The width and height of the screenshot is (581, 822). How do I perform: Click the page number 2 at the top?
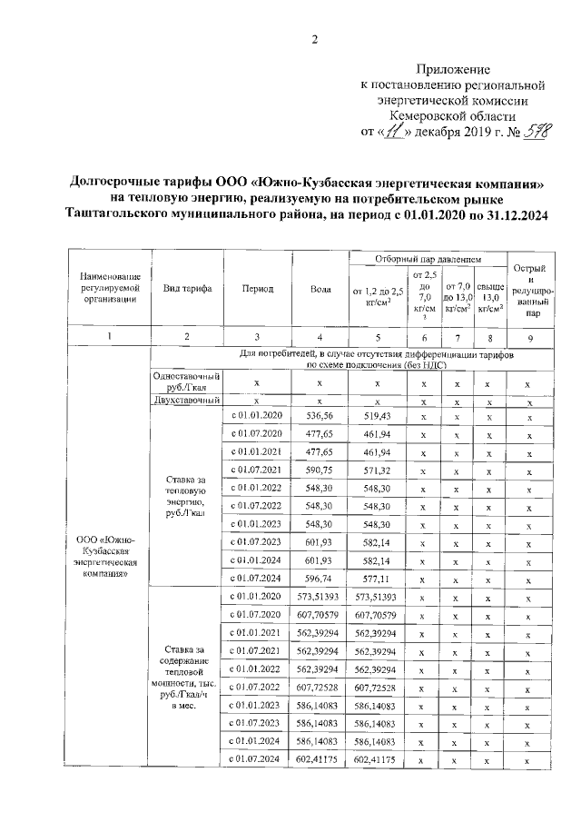[316, 37]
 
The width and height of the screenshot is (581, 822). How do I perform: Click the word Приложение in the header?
[453, 69]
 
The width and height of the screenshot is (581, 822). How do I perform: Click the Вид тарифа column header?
[187, 289]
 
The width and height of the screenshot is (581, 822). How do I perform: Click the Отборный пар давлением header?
[427, 260]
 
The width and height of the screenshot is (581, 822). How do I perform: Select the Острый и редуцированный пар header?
[528, 290]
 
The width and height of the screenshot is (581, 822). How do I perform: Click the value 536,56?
[320, 415]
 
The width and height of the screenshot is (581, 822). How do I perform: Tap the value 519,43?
[376, 415]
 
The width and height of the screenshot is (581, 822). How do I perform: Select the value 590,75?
[320, 470]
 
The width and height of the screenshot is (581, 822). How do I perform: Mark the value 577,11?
[376, 578]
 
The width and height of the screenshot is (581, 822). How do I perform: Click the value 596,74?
[320, 578]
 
